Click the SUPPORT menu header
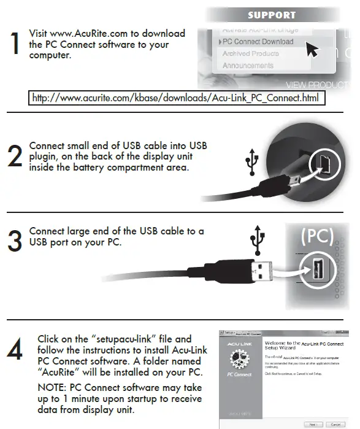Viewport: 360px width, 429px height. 271,15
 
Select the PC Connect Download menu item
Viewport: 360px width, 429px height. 258,42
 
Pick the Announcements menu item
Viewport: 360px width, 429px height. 248,66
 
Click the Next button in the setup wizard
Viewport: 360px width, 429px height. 313,423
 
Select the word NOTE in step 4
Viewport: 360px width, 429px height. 52,388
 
